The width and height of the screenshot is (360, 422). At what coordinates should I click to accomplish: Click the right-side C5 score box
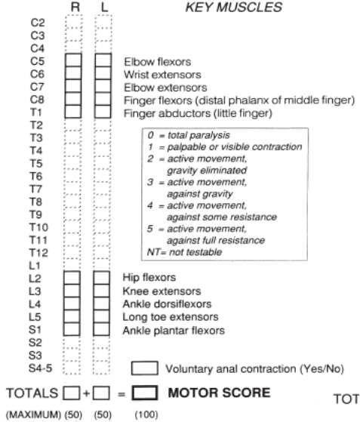coord(73,60)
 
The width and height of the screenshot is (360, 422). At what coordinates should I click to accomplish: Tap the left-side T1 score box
coord(103,112)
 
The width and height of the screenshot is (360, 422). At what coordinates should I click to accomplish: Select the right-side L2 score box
coord(72,278)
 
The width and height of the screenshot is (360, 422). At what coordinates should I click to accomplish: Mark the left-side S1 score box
coord(101,329)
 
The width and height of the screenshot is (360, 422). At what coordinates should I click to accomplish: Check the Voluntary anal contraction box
coord(145,368)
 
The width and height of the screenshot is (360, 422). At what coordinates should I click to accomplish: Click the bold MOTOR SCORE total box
coord(144,393)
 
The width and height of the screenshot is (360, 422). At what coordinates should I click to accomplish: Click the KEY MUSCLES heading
coord(234,8)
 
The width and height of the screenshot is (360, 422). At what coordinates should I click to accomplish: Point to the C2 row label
coord(38,23)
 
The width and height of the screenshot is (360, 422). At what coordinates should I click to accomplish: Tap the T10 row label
coord(38,227)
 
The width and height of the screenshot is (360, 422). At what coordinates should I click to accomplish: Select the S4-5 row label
coord(40,368)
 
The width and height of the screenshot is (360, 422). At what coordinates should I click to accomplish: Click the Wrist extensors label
coord(162,75)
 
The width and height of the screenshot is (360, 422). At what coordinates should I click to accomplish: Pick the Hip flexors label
coord(149,278)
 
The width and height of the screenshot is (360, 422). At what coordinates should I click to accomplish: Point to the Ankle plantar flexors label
coord(174,331)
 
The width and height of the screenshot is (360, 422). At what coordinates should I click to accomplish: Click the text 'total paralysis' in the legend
coord(198,135)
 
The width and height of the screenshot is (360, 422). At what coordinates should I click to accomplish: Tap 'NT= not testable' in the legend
coord(185,252)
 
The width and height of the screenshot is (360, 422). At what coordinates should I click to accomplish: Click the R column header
coord(75,7)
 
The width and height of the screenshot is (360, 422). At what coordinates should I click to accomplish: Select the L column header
coord(105,7)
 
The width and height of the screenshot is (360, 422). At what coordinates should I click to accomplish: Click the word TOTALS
coord(32,393)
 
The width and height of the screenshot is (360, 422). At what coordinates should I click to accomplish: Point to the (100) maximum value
coord(146,414)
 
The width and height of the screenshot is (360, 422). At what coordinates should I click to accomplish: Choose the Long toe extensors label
coord(171,317)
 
